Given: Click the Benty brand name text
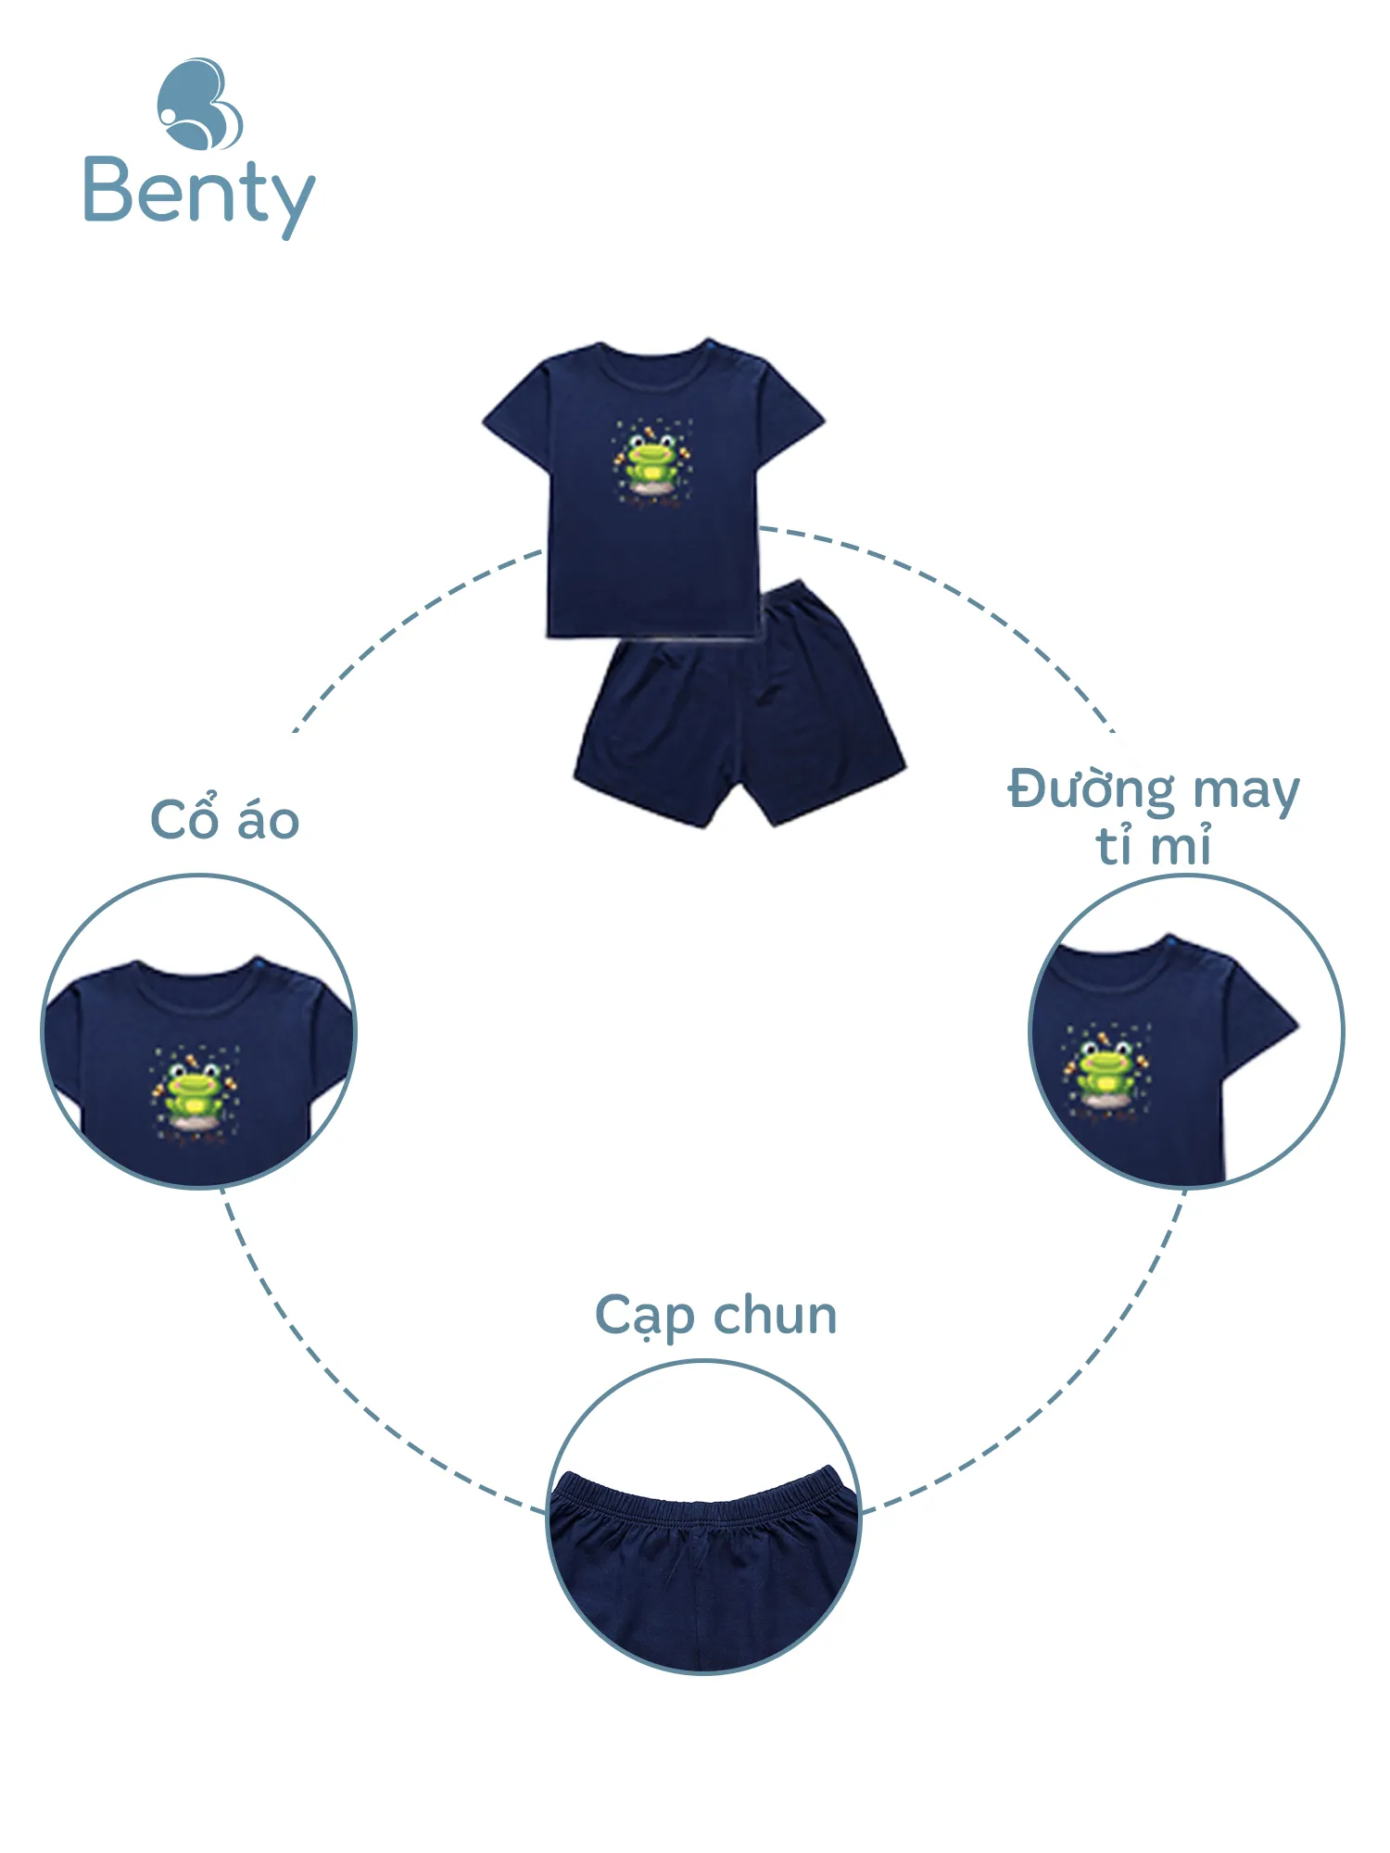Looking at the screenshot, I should point(198,193).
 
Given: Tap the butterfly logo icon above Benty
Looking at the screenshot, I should point(199,104).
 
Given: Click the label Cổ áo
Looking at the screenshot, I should point(224,819).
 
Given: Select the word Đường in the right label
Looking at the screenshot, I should point(1091,791).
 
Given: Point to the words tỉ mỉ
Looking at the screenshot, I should point(1154,846).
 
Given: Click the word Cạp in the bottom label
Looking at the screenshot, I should point(644,1317).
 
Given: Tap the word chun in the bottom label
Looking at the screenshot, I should point(775,1316).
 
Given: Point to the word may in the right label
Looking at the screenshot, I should point(1246,791).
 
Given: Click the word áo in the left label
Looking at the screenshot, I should point(268,819).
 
